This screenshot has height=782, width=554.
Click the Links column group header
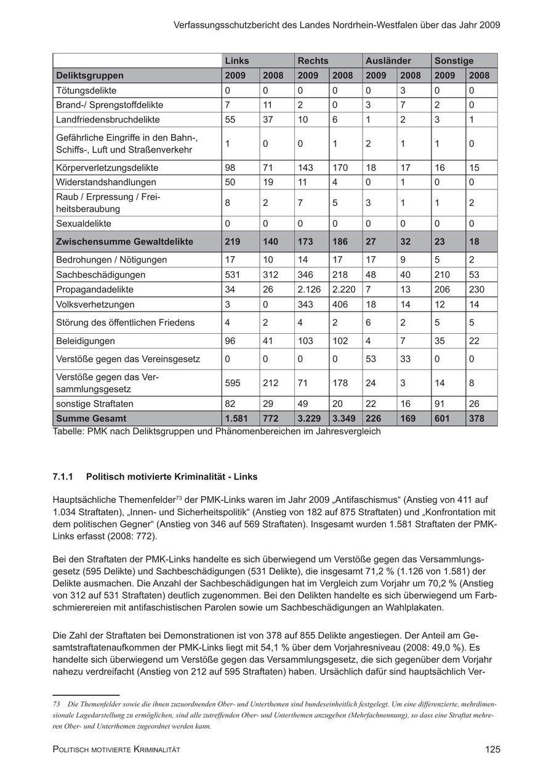pyautogui.click(x=237, y=61)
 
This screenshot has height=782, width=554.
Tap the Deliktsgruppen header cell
pyautogui.click(x=90, y=76)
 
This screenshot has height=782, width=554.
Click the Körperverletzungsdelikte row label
pyautogui.click(x=107, y=168)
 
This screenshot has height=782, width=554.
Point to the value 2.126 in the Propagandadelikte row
pyautogui.click(x=310, y=290)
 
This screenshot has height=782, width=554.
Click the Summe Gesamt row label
pyautogui.click(x=91, y=419)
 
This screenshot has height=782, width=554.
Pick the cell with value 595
pyautogui.click(x=235, y=383)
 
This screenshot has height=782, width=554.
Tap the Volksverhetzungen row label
pyautogui.click(x=95, y=304)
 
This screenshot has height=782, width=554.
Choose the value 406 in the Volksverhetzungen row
pyautogui.click(x=340, y=304)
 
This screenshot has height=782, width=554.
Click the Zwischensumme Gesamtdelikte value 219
pyautogui.click(x=234, y=242)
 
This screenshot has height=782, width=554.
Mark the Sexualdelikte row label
pyautogui.click(x=84, y=224)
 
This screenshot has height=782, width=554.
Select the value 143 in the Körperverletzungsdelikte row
pyautogui.click(x=307, y=168)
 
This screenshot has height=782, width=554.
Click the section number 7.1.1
pyautogui.click(x=63, y=476)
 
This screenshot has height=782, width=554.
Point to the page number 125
pyautogui.click(x=492, y=749)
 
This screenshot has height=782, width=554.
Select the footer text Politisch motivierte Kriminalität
pyautogui.click(x=116, y=750)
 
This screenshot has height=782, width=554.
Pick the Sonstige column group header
pyautogui.click(x=454, y=61)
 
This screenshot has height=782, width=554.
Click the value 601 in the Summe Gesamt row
pyautogui.click(x=442, y=419)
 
